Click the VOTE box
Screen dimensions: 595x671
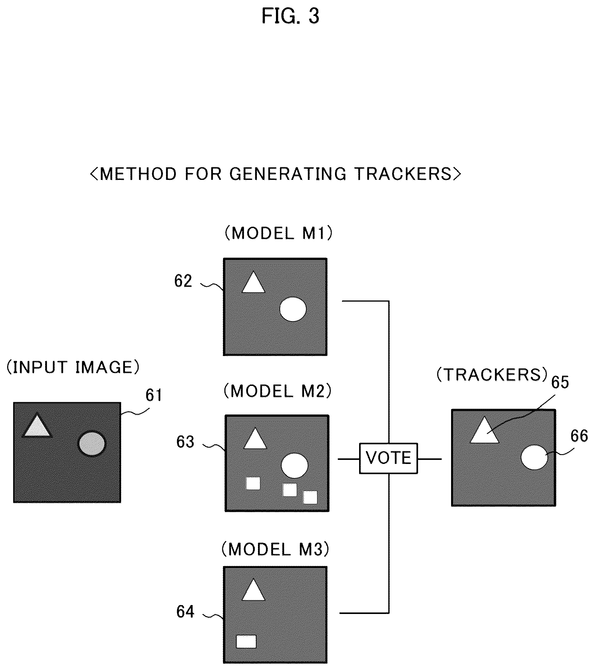tap(388, 458)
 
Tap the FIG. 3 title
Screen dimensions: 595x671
tap(291, 16)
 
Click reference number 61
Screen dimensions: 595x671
tap(154, 395)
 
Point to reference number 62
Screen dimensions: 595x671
tap(183, 281)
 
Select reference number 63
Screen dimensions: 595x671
tap(185, 442)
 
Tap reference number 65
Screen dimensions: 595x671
tap(560, 383)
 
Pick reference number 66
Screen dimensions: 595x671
tap(579, 436)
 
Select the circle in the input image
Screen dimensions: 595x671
tap(92, 444)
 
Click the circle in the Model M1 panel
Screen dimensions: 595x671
tap(293, 309)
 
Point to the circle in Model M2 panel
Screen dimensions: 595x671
tap(295, 466)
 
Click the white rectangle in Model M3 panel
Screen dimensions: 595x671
tap(246, 641)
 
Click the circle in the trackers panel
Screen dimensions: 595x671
tap(534, 458)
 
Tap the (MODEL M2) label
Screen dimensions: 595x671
tap(277, 391)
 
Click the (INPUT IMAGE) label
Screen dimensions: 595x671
tap(73, 367)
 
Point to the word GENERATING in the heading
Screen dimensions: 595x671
tap(288, 174)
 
